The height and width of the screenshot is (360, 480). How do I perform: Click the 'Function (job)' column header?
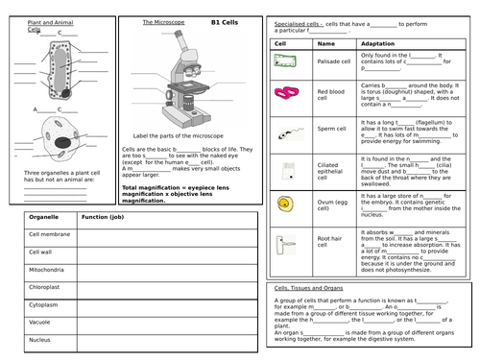[x=103, y=217]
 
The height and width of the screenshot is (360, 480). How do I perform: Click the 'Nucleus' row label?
[x=41, y=339]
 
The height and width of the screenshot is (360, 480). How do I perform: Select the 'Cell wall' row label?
[x=41, y=252]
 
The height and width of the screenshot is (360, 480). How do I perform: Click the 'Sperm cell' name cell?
[x=330, y=130]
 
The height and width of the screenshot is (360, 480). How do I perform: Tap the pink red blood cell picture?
[x=285, y=94]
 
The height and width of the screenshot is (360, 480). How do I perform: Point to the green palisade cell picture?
[x=285, y=60]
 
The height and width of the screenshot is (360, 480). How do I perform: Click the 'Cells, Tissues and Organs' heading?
[x=307, y=287]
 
